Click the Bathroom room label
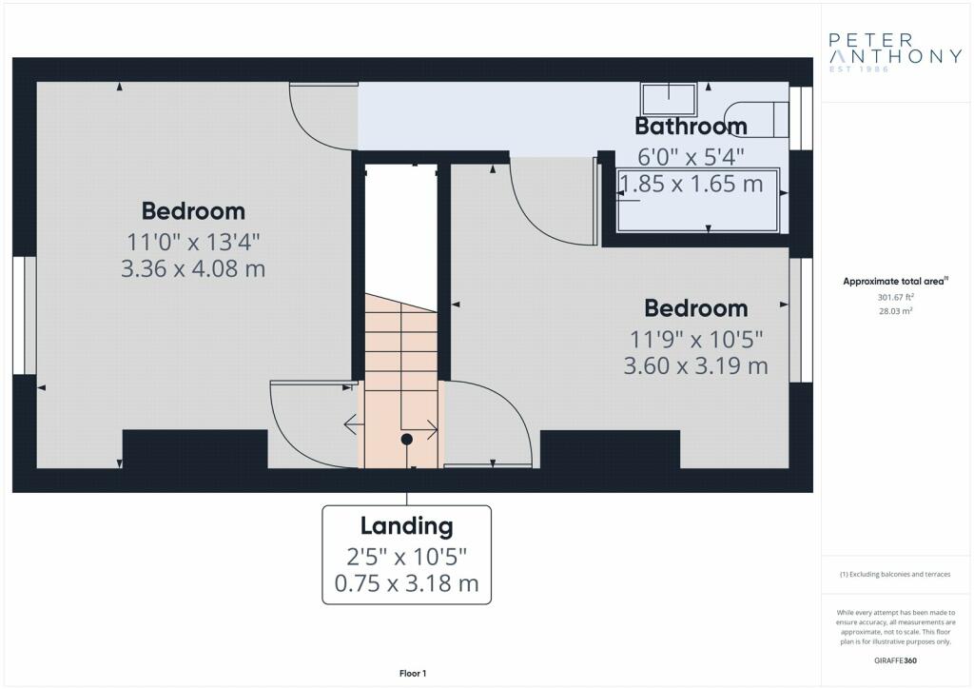[x=691, y=127]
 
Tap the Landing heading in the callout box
[x=407, y=526]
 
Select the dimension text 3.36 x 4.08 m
[x=193, y=268]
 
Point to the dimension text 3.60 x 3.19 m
[x=695, y=365]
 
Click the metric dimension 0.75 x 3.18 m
[x=407, y=583]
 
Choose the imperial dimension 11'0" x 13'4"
[x=193, y=242]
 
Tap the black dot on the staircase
[x=407, y=440]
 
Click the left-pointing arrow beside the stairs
[x=354, y=424]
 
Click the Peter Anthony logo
[x=895, y=52]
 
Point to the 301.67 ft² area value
[x=895, y=298]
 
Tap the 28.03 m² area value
[x=895, y=311]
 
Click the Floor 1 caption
[x=413, y=674]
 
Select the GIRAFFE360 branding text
[x=895, y=660]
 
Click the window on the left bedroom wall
[x=24, y=316]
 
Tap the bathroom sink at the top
[x=669, y=99]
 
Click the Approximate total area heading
[x=895, y=282]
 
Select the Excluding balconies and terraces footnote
[x=895, y=574]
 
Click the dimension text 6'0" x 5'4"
[x=691, y=157]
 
